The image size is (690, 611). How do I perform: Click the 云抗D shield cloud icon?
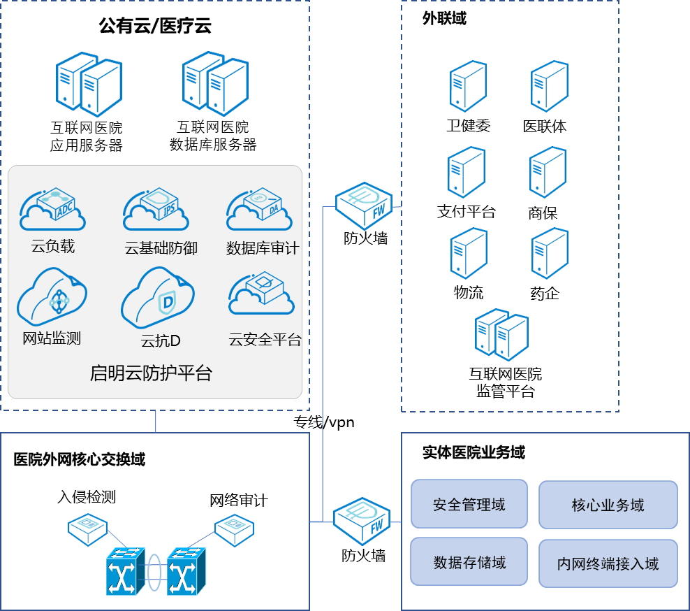(156, 300)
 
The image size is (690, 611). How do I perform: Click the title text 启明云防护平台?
(151, 373)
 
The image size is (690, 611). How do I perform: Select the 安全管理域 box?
(469, 503)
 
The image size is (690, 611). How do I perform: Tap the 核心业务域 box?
(608, 505)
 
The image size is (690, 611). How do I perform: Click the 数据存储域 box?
(469, 562)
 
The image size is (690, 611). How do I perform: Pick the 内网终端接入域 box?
(608, 563)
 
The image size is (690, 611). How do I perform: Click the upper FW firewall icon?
(363, 205)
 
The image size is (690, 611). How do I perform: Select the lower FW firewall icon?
(362, 520)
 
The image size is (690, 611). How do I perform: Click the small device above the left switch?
(87, 530)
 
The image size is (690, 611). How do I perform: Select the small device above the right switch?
(233, 529)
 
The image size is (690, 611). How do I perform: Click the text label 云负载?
(52, 246)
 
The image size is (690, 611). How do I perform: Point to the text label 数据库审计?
(263, 248)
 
